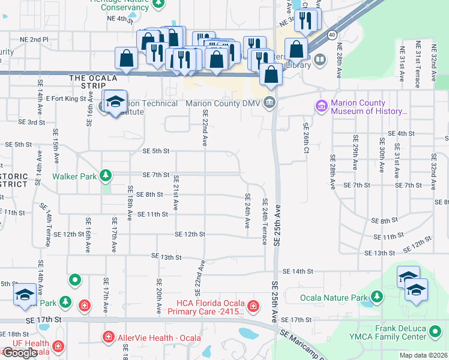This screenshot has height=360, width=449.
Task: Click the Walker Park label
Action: click(x=74, y=176)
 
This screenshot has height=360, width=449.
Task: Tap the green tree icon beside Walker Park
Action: click(x=106, y=176)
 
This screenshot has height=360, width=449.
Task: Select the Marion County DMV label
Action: click(x=224, y=103)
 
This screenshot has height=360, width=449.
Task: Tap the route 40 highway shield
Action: click(x=332, y=35)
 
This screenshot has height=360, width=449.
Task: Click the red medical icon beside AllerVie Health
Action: click(x=109, y=337)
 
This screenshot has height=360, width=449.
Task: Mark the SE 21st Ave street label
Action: click(x=176, y=192)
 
